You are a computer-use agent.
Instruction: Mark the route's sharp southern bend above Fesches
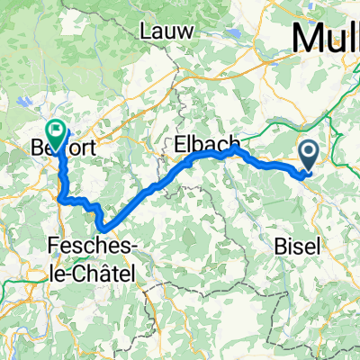coord(104,227)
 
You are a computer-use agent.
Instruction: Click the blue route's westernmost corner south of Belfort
coord(59,197)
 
